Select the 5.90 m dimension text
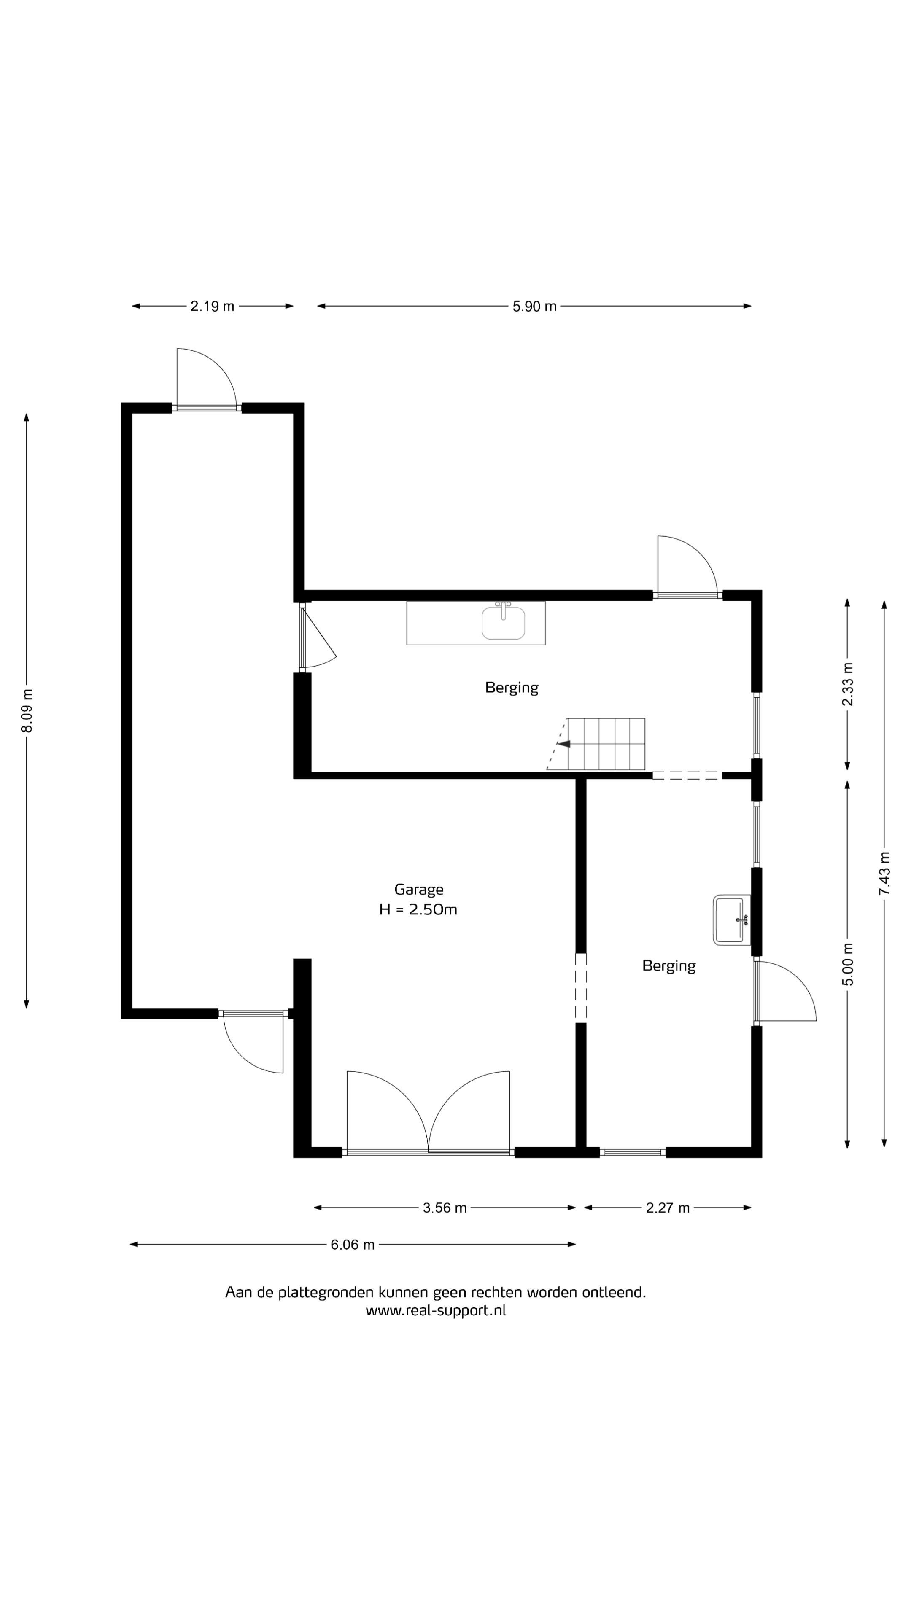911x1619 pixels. (534, 306)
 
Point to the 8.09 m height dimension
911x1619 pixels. (27, 710)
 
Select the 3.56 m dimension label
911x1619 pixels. (445, 1208)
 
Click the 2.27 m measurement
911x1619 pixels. (668, 1208)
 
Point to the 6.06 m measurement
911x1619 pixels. (353, 1245)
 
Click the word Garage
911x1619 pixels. (419, 889)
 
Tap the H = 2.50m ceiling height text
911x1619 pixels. (418, 909)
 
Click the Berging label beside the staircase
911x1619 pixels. (512, 688)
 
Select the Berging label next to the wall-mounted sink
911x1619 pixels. (669, 966)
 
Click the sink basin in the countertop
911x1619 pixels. (504, 622)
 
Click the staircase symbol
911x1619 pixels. (596, 744)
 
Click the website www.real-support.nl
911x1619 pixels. (436, 1310)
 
